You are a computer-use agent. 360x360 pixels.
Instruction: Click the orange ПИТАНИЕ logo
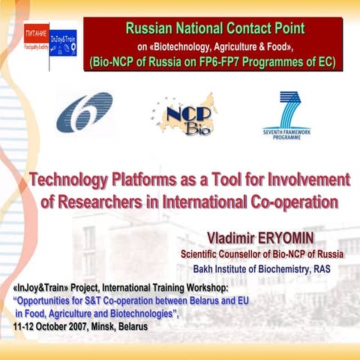[35, 35]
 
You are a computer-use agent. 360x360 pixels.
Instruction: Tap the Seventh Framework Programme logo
[286, 115]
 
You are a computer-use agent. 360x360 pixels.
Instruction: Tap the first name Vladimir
[234, 237]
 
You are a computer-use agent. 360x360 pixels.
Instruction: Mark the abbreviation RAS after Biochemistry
[333, 268]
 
